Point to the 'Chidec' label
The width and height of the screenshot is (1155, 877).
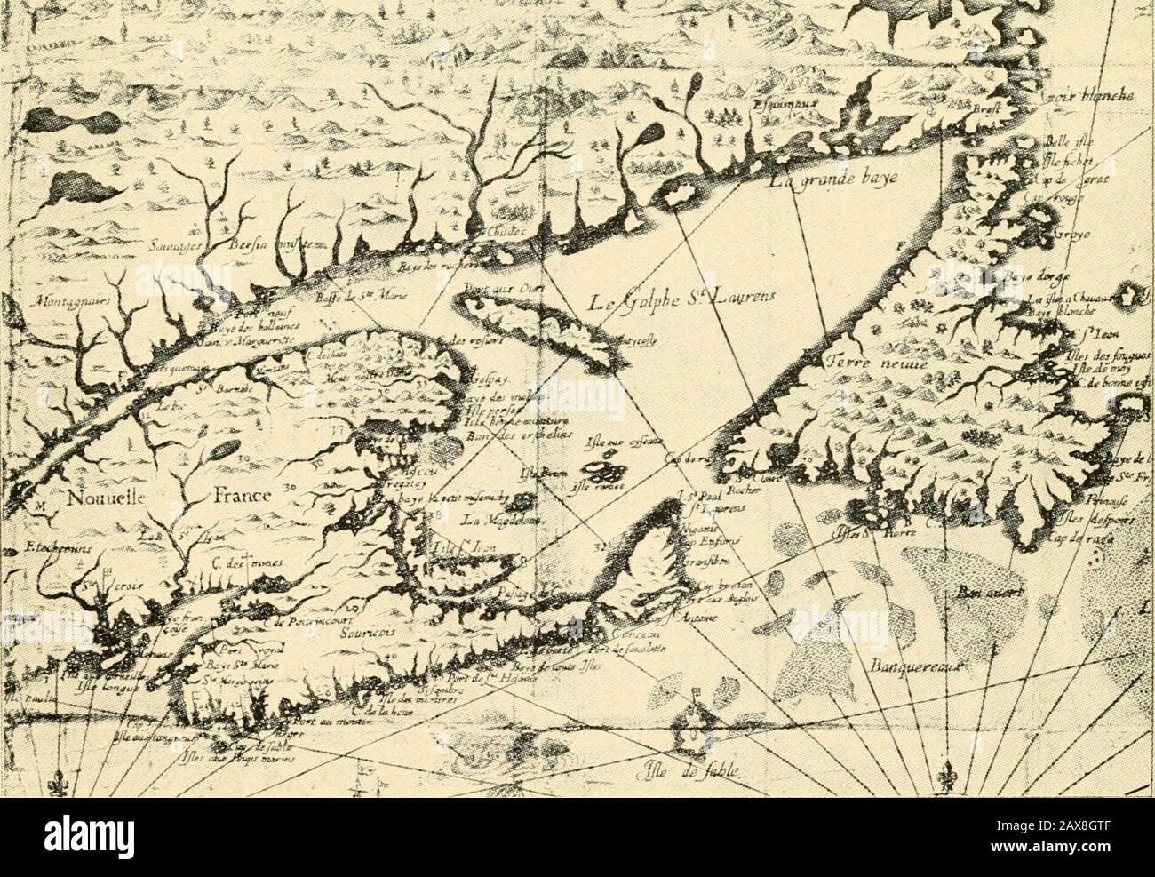coord(486,232)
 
